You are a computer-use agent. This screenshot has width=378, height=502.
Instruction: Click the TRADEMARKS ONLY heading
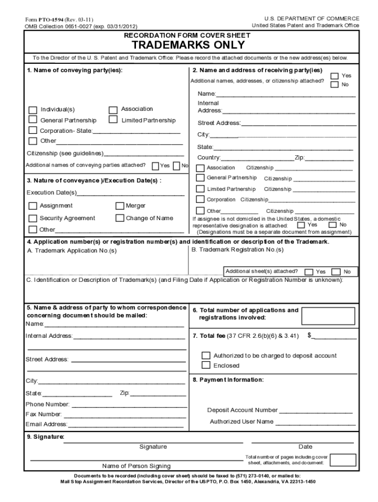pos(189,46)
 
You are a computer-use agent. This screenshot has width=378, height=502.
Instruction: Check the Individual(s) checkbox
pos(33,110)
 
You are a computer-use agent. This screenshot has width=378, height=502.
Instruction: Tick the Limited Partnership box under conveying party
pos(113,120)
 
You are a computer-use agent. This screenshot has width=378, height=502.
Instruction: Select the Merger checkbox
pos(120,206)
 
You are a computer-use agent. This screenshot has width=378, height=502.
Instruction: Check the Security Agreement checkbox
pos(33,219)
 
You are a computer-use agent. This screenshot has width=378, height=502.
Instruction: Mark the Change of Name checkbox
pos(120,219)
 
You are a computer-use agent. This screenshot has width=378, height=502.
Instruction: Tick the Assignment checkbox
pos(33,206)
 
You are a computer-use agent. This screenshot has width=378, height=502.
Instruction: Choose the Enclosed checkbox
pos(206,365)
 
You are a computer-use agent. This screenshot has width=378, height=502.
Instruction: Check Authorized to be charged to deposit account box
pos(206,355)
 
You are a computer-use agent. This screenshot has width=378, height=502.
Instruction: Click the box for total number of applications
pos(327,316)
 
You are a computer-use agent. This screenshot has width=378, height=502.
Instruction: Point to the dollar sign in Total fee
pos(309,335)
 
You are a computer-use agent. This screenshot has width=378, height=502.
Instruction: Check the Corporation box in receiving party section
pos(200,199)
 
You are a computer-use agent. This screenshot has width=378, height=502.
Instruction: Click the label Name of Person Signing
pos(136,466)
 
